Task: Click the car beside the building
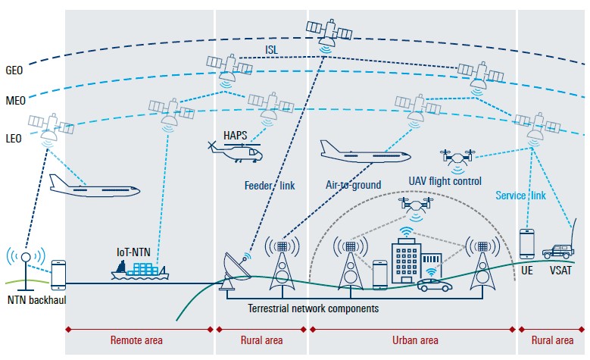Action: coord(434,286)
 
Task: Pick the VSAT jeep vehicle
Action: coord(560,249)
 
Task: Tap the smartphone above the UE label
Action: coord(528,244)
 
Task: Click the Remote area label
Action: coord(137,341)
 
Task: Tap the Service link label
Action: coord(520,196)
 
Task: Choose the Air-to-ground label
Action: coord(353,185)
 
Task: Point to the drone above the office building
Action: coord(411,205)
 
